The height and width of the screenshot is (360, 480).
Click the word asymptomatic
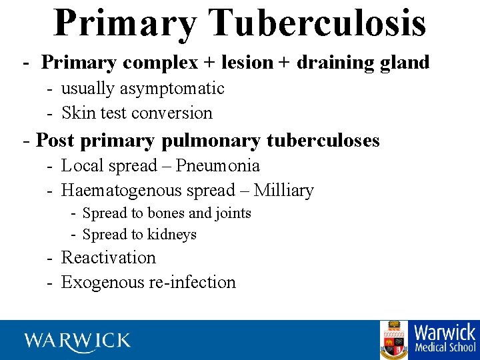pyautogui.click(x=175, y=89)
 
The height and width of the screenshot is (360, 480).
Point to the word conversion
pyautogui.click(x=171, y=113)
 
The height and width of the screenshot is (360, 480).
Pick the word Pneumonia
pyautogui.click(x=217, y=166)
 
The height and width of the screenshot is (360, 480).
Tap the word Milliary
pyautogui.click(x=283, y=191)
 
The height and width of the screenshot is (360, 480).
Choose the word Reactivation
pyautogui.click(x=108, y=258)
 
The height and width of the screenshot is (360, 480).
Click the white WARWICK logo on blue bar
pyautogui.click(x=78, y=341)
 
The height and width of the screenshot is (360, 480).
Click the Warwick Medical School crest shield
pyautogui.click(x=394, y=340)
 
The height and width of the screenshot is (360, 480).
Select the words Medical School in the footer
pyautogui.click(x=445, y=347)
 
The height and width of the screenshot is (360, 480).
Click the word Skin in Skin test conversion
pyautogui.click(x=79, y=113)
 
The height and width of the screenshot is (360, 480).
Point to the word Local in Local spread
pyautogui.click(x=82, y=166)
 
